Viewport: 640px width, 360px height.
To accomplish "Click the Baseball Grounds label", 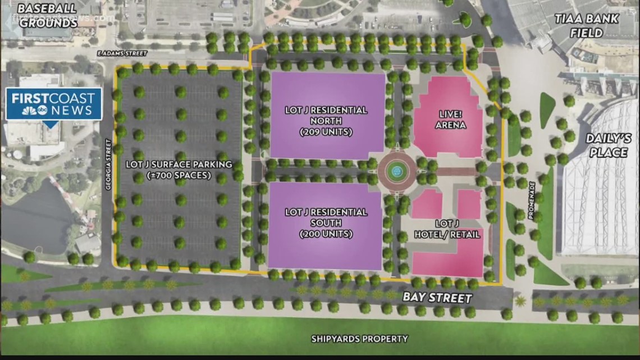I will pos(47,15).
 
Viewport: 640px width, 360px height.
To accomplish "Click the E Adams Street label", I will pos(122,53).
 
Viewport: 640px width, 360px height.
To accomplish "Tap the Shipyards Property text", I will pos(360,339).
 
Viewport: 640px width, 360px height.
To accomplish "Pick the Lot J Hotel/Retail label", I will pos(447,230).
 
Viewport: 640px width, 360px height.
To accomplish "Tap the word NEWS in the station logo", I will pos(72,110).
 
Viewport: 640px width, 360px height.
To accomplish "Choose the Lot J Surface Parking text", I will pos(179,165).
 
